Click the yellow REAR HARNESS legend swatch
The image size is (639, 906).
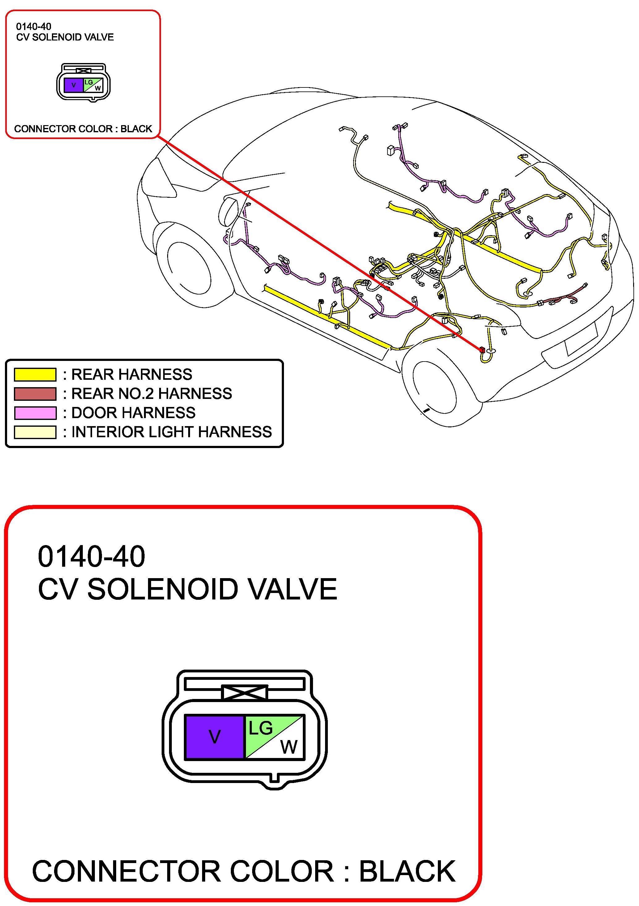[35, 375]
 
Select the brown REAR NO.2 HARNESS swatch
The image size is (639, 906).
[35, 394]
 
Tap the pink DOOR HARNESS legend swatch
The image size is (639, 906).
[35, 413]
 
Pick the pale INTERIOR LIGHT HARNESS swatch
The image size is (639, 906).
[35, 432]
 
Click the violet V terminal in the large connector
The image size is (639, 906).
[214, 737]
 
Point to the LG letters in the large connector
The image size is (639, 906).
[260, 728]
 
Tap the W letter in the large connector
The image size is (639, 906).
[289, 747]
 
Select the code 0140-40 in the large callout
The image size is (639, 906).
[91, 557]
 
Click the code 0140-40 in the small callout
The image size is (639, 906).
[34, 27]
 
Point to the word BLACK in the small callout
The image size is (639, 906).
[136, 129]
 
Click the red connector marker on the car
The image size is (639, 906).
[482, 349]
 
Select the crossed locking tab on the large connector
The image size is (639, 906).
[245, 692]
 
